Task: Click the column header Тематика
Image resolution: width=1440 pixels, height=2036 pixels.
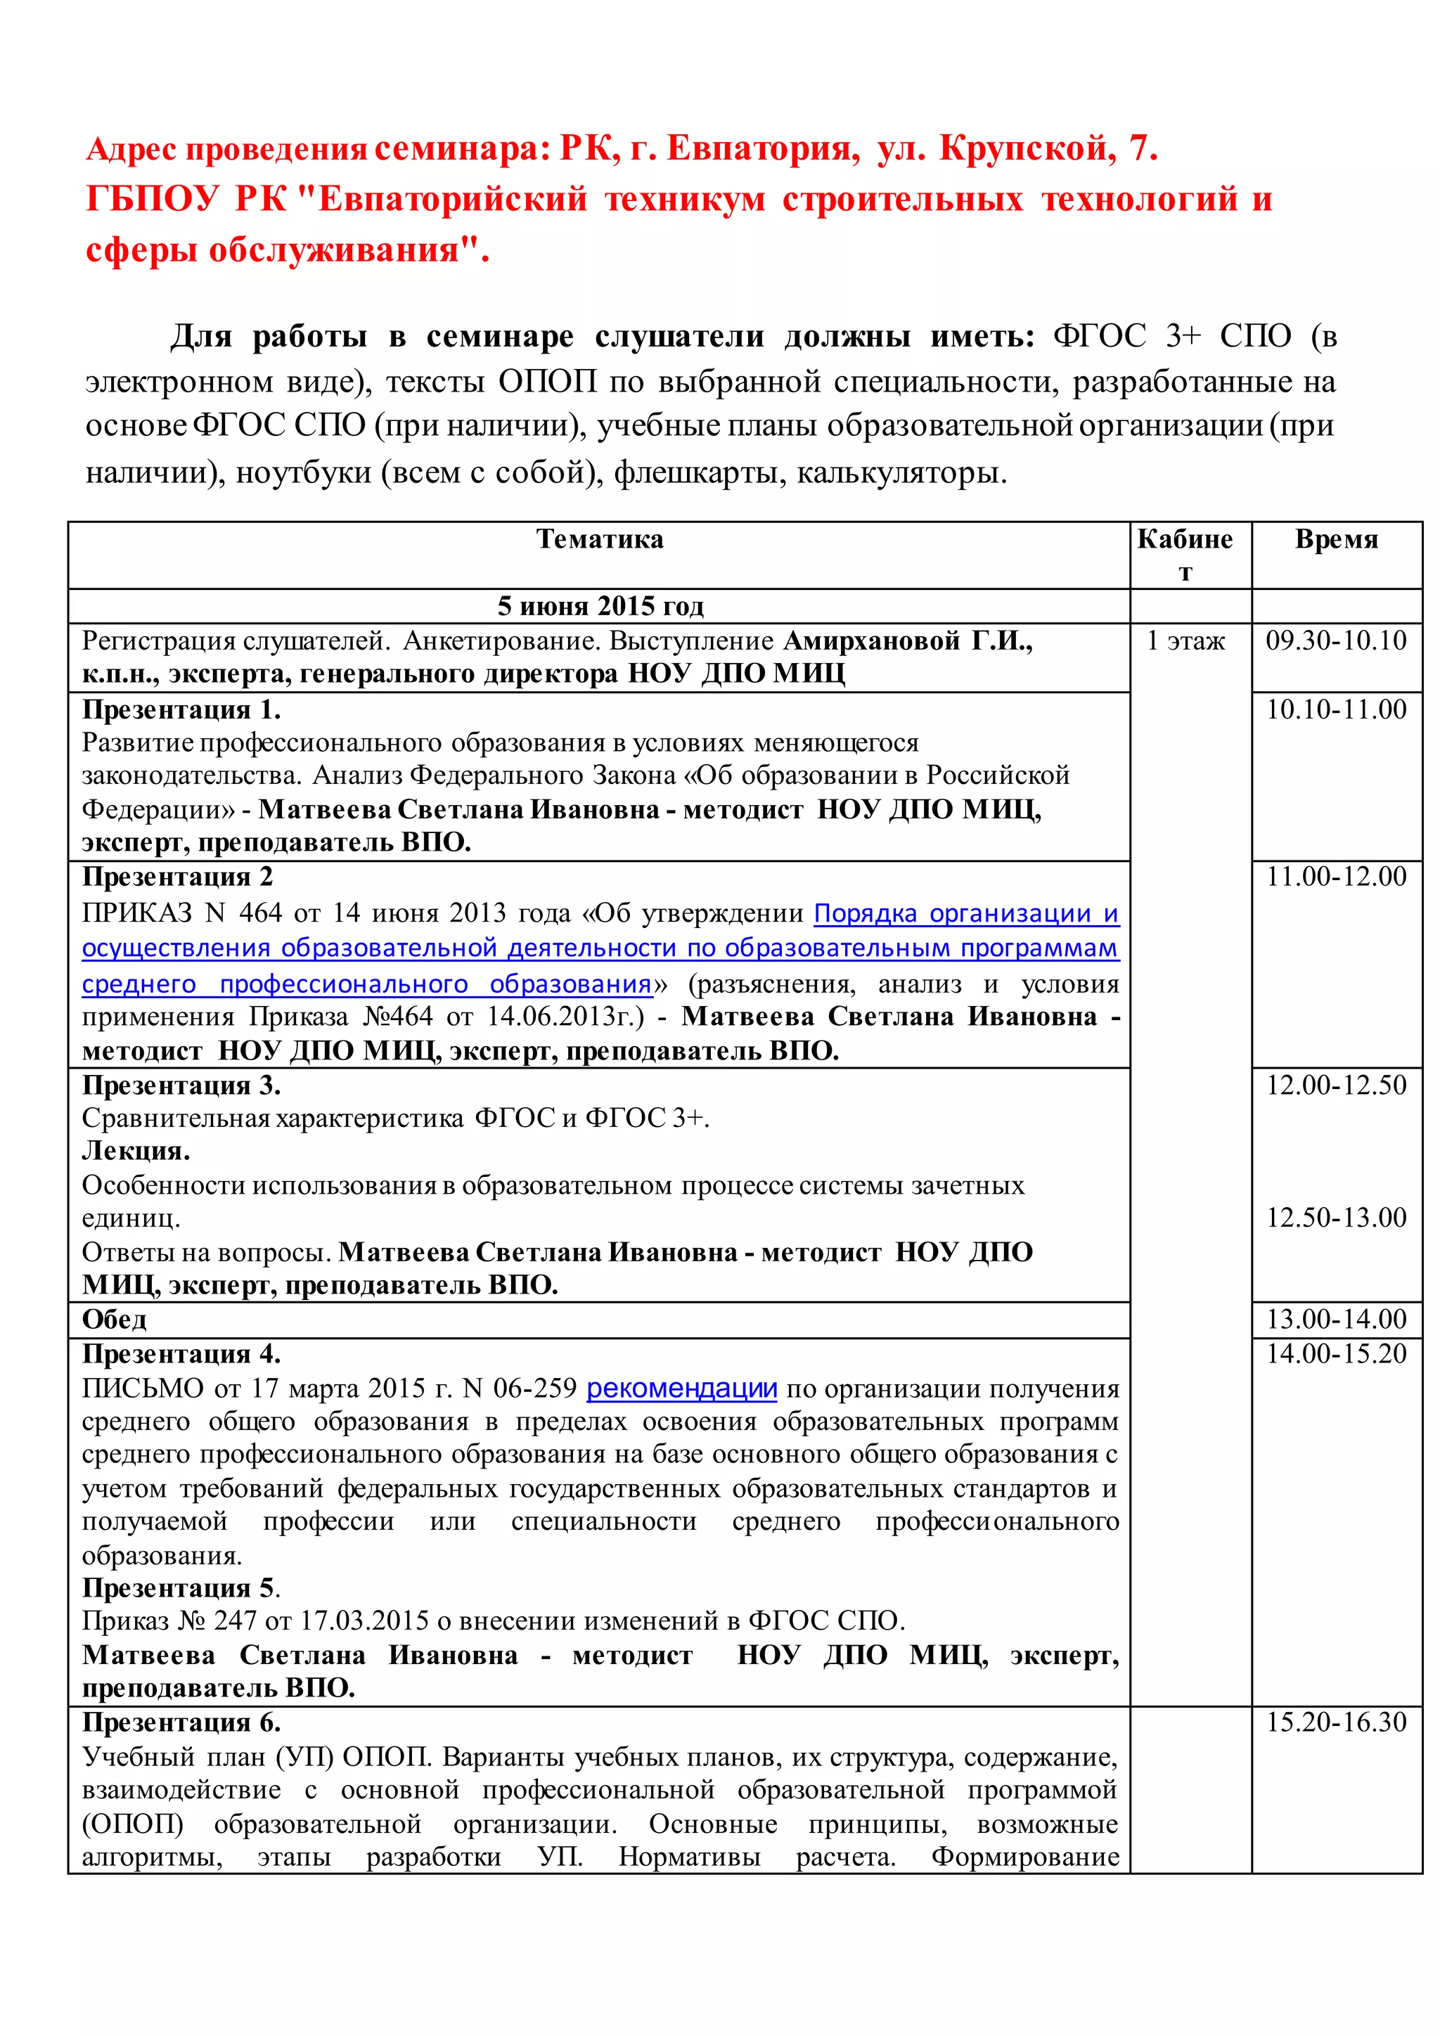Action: [x=599, y=539]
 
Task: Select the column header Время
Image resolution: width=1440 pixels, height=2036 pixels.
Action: [x=1336, y=539]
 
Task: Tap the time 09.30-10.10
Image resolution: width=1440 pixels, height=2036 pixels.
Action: [x=1335, y=640]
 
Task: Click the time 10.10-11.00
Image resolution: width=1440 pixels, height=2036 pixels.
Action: [x=1335, y=709]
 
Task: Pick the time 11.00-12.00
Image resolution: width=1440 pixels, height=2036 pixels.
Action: [x=1335, y=877]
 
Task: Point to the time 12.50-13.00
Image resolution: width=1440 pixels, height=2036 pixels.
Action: [x=1335, y=1218]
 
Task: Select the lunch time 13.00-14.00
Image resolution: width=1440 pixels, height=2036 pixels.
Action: [x=1335, y=1320]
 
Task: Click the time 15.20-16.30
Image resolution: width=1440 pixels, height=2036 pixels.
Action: [x=1335, y=1722]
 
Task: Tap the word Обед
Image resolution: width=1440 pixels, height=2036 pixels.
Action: [x=115, y=1320]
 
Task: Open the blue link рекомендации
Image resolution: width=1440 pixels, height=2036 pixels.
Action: [x=681, y=1389]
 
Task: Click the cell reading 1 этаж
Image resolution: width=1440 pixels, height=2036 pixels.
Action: [x=1185, y=640]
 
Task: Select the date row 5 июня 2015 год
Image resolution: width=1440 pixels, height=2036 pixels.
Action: [x=599, y=607]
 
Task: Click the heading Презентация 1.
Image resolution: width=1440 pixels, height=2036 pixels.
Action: [x=181, y=710]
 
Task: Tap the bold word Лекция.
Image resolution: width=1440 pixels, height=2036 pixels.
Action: [x=136, y=1151]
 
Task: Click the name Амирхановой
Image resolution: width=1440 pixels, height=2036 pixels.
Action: [x=872, y=640]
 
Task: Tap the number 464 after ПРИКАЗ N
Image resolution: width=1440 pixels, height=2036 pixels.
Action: [x=261, y=913]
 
